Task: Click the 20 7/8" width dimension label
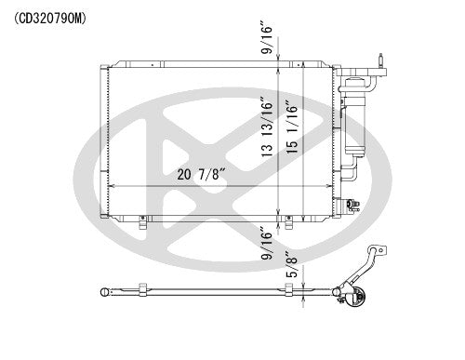(x=203, y=173)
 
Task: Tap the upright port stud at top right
(x=382, y=62)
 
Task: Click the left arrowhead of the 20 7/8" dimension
(x=113, y=186)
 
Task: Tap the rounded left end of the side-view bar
(x=103, y=294)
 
